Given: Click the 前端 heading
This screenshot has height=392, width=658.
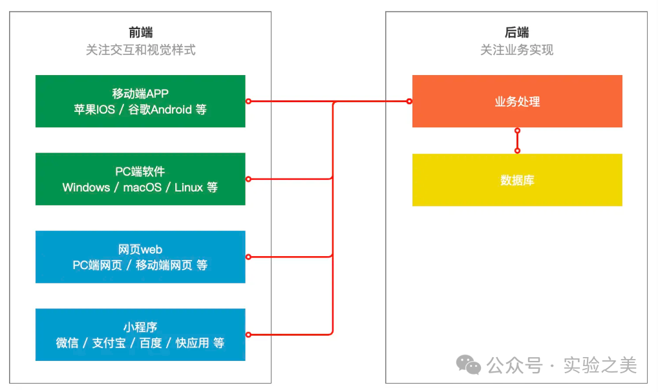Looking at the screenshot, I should [140, 32].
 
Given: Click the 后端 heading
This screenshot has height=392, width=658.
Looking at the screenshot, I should [516, 32].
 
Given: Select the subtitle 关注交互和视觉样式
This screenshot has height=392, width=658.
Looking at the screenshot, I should [140, 50].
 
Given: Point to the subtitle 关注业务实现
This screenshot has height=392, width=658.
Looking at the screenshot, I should [516, 50].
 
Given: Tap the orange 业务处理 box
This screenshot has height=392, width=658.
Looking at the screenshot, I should [517, 102].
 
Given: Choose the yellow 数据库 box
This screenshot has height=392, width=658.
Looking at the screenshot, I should [517, 180].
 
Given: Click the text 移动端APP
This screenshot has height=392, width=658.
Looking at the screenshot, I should [140, 93].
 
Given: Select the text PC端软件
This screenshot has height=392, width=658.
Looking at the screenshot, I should [140, 171].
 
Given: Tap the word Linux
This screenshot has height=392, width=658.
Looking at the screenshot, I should [188, 188].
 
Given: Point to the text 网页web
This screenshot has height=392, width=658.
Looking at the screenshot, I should [140, 249].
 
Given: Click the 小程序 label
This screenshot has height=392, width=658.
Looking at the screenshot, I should [140, 327].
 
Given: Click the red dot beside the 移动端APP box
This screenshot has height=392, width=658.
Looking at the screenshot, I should [248, 101].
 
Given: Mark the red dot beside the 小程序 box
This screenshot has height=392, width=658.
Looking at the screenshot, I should [248, 334].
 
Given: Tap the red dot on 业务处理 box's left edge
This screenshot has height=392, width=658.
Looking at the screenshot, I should [409, 101].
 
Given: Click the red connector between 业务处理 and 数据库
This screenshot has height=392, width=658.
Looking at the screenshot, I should [517, 140].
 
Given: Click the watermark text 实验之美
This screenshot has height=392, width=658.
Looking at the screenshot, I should [600, 365].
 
